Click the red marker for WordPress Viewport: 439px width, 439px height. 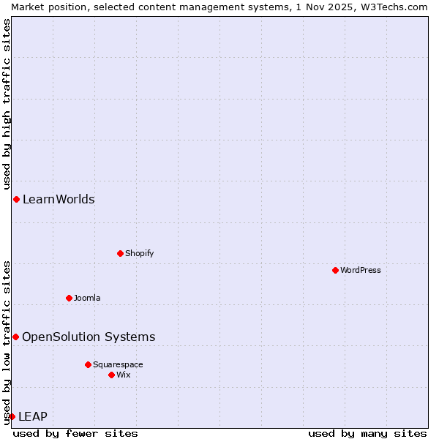(335, 270)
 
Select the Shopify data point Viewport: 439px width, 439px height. (120, 253)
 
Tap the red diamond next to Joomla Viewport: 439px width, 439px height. (69, 298)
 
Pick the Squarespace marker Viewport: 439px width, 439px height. (88, 364)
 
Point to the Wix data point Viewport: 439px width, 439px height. (111, 375)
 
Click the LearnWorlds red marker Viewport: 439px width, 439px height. (16, 199)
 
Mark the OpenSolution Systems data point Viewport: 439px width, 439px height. (15, 337)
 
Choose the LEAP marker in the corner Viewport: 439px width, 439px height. (12, 416)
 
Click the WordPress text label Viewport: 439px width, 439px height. (361, 270)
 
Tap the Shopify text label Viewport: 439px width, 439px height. (139, 253)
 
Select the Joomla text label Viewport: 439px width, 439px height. (87, 298)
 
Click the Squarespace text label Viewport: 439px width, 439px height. (118, 364)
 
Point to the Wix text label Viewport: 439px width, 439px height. (124, 375)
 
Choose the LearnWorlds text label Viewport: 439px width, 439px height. (59, 199)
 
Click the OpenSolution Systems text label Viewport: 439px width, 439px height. (89, 337)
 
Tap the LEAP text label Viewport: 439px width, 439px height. (33, 416)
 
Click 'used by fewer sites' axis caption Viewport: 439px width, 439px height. (75, 433)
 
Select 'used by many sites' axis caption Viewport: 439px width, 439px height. (367, 433)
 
